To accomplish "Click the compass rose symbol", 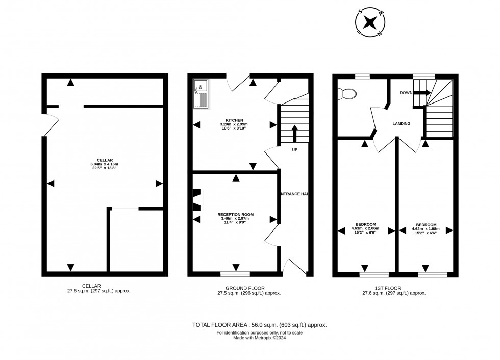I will pyautogui.click(x=371, y=22).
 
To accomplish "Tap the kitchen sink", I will pyautogui.click(x=201, y=95).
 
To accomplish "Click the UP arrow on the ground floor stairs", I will pyautogui.click(x=294, y=134).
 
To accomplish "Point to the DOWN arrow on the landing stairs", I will pyautogui.click(x=421, y=93).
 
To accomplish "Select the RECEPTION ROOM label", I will pyautogui.click(x=235, y=215).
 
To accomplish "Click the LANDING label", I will pyautogui.click(x=401, y=124).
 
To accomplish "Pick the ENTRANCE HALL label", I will pyautogui.click(x=294, y=194).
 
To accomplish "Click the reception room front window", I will pyautogui.click(x=235, y=274).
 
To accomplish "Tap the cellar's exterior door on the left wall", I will pyautogui.click(x=50, y=125).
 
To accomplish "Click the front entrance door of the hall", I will pyautogui.click(x=295, y=266).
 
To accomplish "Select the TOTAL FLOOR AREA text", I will pyautogui.click(x=259, y=325).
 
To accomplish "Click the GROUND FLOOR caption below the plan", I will pyautogui.click(x=248, y=288).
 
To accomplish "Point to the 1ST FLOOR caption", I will pyautogui.click(x=393, y=288).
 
